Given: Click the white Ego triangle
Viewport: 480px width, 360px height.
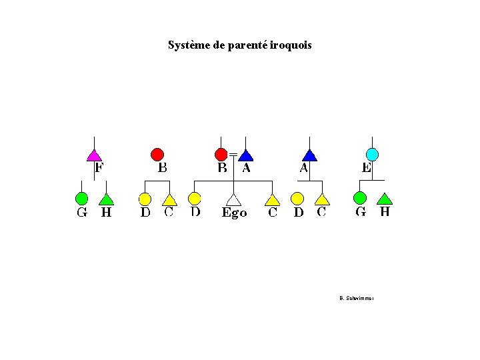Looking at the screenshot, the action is pos(233,199).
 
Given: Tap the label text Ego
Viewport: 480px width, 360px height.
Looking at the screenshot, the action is pos(234,213).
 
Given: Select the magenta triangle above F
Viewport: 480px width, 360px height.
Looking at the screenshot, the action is pos(95,155).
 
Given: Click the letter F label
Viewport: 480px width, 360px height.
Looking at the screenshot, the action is pos(99,167).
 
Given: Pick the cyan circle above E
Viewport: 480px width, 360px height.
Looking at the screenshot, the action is pos(372,155).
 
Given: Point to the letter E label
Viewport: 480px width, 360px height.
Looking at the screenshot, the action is pos(366,168).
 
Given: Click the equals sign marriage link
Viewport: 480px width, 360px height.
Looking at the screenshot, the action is pos(233,155).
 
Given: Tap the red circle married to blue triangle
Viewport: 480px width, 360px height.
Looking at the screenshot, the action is pos(221,155).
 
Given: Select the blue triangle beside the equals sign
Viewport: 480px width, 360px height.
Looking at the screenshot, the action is pos(246,155).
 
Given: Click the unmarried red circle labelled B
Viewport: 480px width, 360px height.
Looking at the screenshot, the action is pos(157,155).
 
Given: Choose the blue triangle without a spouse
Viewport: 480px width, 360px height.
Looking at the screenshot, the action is pos(309,155).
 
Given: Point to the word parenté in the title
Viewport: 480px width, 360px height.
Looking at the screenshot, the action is pos(247,45).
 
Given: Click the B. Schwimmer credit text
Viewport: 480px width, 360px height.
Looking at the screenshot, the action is pos(356,298).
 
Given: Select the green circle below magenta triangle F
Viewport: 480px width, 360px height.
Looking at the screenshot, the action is pos(81,199).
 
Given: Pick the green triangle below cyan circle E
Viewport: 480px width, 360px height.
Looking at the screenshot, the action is pos(385,199).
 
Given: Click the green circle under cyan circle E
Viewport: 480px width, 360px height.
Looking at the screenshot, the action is pos(359,198).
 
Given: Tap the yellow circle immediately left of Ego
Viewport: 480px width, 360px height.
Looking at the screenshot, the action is pos(195,198).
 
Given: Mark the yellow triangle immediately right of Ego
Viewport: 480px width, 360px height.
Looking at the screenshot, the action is pos(272,199).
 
